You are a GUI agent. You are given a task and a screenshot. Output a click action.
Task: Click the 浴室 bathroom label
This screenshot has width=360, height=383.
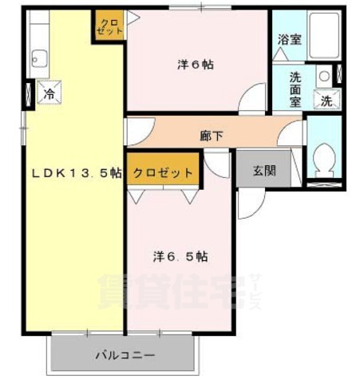click(x=289, y=39)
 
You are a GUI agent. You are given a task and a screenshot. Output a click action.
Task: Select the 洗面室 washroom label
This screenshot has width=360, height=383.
click(x=295, y=89)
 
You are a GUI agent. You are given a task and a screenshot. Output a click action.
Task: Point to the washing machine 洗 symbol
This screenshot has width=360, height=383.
click(x=326, y=101)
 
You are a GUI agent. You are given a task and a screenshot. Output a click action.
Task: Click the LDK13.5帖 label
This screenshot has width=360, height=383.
click(x=76, y=173)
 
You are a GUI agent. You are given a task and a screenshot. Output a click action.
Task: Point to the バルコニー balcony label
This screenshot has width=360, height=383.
click(x=125, y=353)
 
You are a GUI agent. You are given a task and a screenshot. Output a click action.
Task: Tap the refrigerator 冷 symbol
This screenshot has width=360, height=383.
click(x=49, y=94)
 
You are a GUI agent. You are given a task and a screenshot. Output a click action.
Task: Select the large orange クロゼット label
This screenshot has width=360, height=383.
click(x=163, y=173)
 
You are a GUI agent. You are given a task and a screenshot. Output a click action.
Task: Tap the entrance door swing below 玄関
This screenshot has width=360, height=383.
click(x=248, y=203)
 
